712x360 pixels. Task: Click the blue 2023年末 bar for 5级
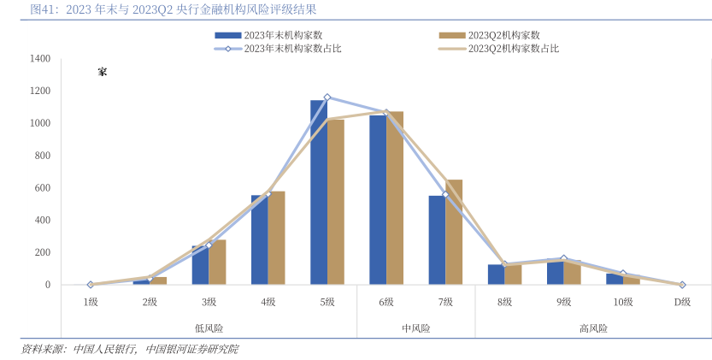click(318, 192)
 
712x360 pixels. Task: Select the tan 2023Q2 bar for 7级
click(453, 232)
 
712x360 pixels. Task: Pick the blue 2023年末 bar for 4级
click(259, 239)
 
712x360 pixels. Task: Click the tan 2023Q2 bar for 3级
click(217, 262)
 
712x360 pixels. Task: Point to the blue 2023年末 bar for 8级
click(496, 274)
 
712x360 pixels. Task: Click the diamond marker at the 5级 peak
click(327, 97)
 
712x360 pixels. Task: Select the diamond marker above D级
click(681, 285)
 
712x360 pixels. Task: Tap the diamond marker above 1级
click(90, 285)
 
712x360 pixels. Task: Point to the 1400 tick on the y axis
click(40, 59)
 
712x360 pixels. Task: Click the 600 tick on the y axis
click(43, 188)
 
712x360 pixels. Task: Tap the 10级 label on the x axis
click(622, 302)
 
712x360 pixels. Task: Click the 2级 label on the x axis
click(150, 302)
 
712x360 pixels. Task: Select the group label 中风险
click(415, 328)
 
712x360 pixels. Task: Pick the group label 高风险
click(593, 328)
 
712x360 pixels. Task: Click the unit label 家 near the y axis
click(102, 72)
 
